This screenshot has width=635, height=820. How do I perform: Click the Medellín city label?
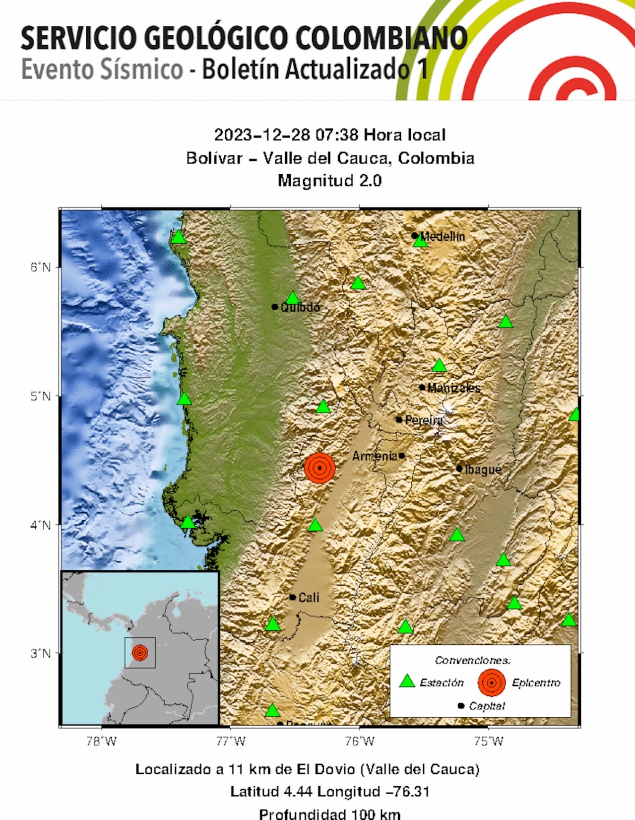point(443,237)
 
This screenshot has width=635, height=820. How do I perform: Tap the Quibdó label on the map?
point(300,307)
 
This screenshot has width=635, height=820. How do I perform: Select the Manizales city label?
point(453,388)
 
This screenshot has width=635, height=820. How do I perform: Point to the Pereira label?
point(424,420)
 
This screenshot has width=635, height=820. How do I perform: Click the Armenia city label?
point(375,456)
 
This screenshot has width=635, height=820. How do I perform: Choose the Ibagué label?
point(483,469)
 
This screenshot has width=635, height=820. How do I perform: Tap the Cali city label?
point(309,597)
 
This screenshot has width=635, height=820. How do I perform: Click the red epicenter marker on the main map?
point(320,468)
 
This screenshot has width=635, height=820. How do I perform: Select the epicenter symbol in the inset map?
point(140,652)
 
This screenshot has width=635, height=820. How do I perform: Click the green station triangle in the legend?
point(407,682)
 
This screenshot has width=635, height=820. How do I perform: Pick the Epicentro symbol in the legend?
point(491,683)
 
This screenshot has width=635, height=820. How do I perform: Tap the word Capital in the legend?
point(487,706)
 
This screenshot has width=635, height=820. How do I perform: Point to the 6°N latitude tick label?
point(41,268)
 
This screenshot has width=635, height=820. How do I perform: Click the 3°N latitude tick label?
point(41,653)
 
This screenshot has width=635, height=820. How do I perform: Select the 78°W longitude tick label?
point(101,742)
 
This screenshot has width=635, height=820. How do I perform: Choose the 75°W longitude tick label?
point(489,742)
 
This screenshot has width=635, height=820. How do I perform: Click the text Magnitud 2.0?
point(329,181)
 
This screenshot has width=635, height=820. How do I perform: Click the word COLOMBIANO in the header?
point(381,39)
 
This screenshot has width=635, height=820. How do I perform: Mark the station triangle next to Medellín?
point(421,242)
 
